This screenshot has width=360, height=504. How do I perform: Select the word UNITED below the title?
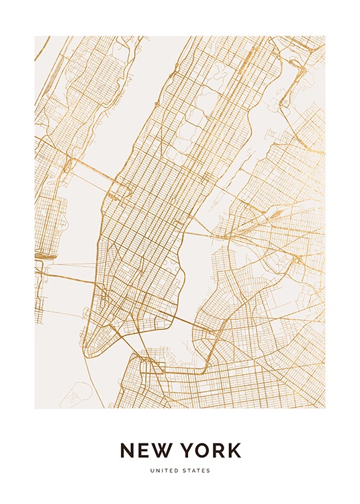pyautogui.click(x=165, y=470)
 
